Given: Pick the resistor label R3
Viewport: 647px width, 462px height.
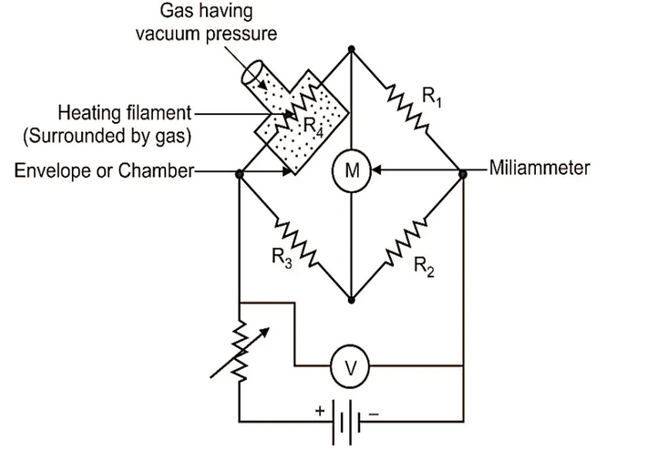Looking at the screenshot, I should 281,258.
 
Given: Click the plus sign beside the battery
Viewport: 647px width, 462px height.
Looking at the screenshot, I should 320,411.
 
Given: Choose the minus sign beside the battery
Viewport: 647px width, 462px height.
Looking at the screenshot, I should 374,411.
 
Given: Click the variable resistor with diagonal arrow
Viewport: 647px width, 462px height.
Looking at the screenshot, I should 240,351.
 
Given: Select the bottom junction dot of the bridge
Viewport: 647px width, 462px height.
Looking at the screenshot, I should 352,297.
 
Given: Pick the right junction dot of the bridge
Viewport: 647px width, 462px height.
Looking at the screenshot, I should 463,171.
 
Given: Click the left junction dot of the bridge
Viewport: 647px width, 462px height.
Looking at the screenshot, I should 240,171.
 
